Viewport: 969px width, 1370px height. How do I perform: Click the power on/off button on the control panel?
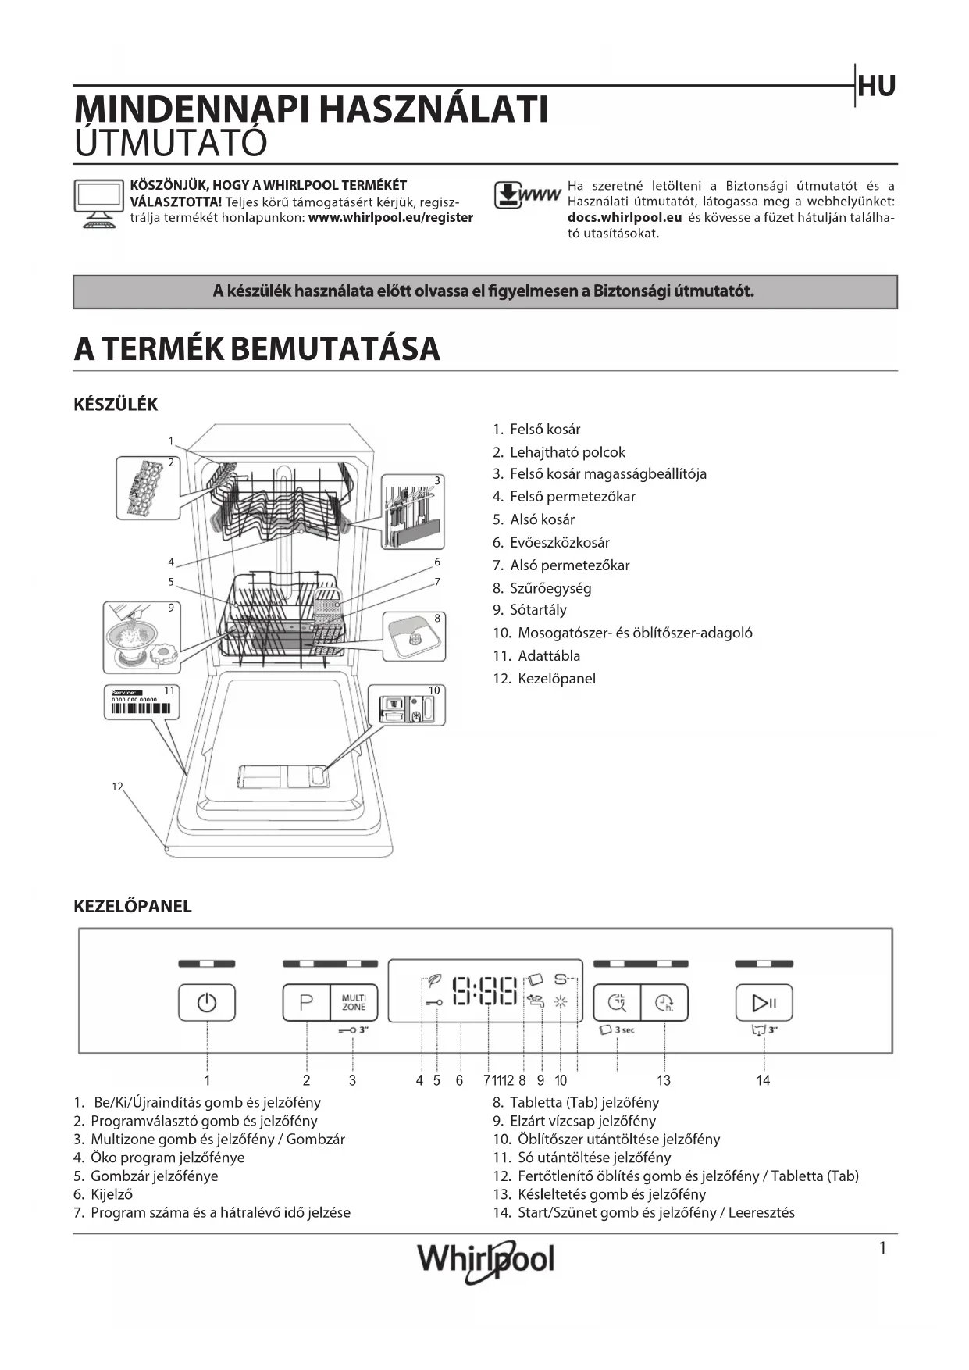207,1002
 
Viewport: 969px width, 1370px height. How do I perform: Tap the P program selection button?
306,1002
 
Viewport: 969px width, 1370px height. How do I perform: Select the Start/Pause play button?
764,1002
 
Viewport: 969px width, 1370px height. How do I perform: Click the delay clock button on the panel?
664,1002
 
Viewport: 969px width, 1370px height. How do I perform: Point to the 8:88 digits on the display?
485,991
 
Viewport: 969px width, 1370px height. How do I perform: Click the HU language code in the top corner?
876,87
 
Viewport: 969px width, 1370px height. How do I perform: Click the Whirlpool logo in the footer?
486,1259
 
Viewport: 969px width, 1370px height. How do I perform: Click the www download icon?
527,195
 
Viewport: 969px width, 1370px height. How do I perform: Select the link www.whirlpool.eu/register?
390,218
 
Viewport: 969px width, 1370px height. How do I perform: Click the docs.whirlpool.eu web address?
625,218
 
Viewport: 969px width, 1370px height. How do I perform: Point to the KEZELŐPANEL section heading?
132,906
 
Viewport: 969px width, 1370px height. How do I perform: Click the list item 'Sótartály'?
538,610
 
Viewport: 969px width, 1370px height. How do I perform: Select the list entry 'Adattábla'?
549,656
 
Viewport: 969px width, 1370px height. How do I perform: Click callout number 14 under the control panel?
763,1080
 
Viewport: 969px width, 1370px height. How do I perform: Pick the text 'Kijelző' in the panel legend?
112,1194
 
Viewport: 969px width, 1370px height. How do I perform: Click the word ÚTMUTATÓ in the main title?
171,143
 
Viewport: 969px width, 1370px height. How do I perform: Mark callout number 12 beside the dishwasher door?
117,787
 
